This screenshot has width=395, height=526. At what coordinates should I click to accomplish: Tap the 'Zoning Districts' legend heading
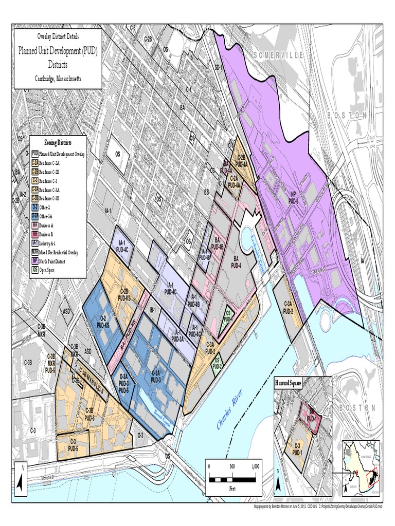(x=58, y=142)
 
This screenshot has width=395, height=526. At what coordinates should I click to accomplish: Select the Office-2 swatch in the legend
(x=35, y=207)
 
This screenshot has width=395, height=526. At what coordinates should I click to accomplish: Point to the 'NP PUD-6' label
(x=294, y=198)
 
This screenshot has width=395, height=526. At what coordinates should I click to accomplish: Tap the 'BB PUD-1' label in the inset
(x=311, y=414)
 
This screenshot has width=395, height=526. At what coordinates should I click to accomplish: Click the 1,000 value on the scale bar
(x=256, y=466)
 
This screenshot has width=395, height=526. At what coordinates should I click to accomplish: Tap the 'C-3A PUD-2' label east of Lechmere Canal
(x=288, y=307)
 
